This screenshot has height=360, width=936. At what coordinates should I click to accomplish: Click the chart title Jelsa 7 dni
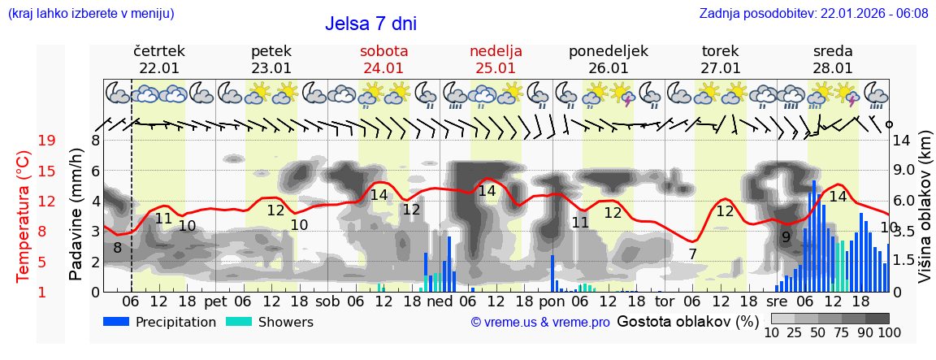point(370,24)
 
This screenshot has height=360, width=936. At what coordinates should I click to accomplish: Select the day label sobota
point(383,51)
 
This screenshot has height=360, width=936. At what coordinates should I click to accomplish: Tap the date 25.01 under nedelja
point(496,68)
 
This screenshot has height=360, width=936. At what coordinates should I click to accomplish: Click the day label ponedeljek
point(609,51)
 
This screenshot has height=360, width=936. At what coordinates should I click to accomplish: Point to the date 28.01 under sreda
point(833,68)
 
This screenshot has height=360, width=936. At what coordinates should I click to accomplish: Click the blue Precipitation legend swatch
point(116,322)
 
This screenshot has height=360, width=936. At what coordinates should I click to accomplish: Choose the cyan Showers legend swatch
point(238,322)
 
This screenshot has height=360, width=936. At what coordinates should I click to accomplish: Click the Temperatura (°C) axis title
point(24,217)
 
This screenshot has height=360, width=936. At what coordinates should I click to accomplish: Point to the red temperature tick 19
point(47,141)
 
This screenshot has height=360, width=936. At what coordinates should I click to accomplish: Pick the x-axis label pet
point(215,301)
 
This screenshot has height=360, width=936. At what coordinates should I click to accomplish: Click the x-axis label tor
point(665,301)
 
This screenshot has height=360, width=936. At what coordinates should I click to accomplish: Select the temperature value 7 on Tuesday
point(692,254)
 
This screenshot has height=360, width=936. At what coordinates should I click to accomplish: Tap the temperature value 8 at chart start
point(118,248)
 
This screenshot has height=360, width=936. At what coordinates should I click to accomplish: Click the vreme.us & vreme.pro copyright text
point(540,323)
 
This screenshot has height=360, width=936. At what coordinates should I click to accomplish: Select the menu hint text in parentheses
point(91,14)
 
